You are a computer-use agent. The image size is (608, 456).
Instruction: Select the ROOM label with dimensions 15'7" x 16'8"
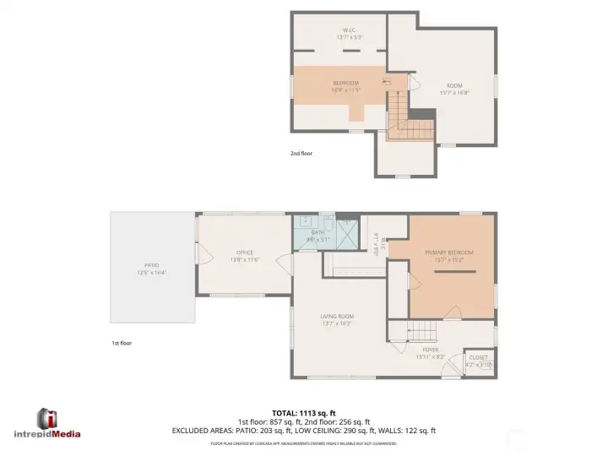455,89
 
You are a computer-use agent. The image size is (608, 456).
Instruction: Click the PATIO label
152,268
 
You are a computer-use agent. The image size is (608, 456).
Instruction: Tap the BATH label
318,235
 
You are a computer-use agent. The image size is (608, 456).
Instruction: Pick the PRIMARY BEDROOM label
449,256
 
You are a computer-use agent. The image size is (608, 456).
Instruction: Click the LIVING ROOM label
336,319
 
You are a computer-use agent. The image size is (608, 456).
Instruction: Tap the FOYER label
431,352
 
